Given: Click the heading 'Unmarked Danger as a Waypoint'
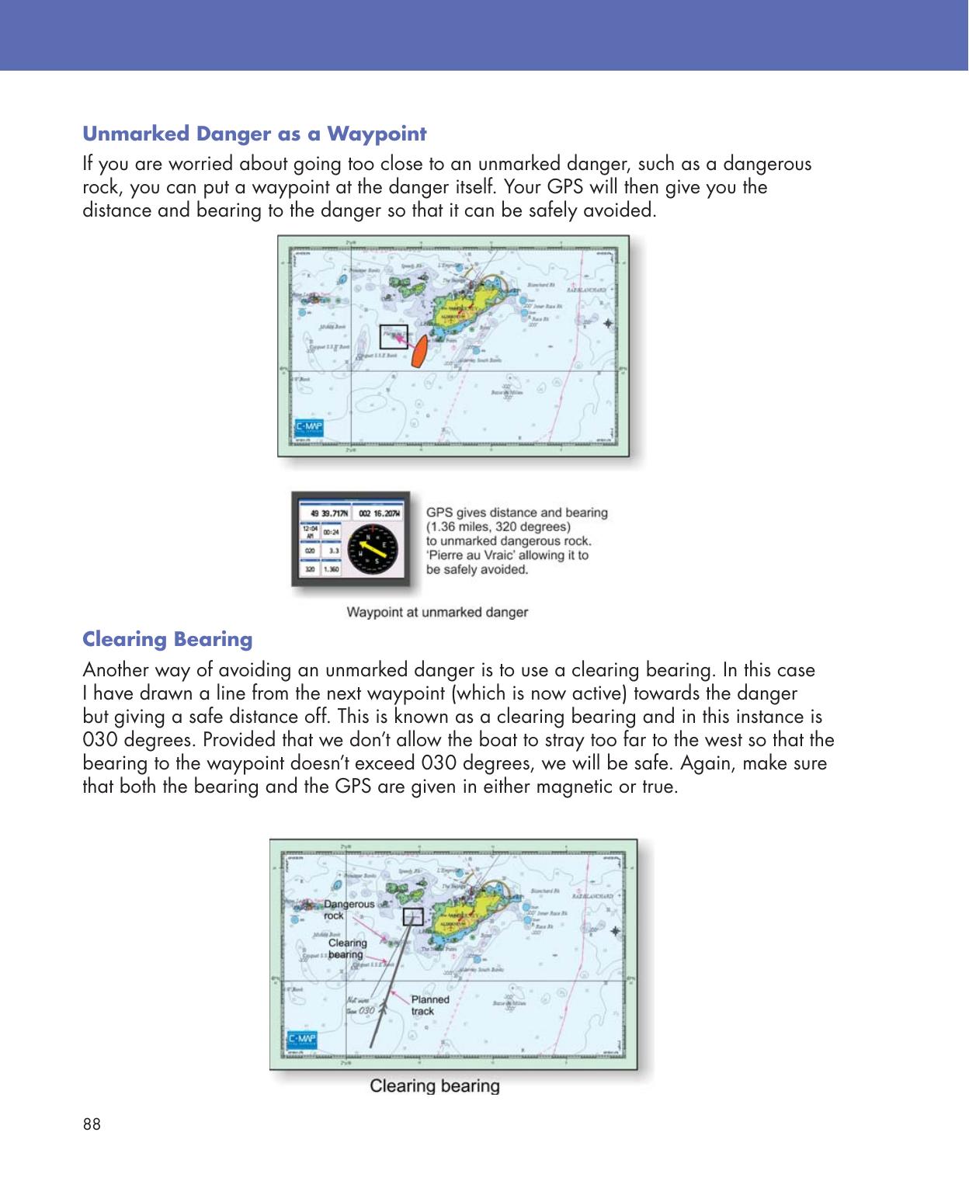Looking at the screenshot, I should pos(254,134).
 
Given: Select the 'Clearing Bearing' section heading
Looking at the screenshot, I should pos(168,640).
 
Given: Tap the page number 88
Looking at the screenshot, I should pos(92,1124).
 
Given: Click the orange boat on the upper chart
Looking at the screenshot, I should pos(419,352).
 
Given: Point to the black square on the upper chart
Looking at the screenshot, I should pos(393,336).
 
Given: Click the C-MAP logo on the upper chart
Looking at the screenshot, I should pos(310,429).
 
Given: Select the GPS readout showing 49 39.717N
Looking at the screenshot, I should pos(325,513).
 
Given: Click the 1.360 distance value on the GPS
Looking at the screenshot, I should pos(332,569).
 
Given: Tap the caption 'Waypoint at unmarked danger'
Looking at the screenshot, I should pos(437,613).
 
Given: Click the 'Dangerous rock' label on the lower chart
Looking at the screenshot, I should pos(349,909).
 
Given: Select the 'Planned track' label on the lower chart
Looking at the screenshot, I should pos(429,1005).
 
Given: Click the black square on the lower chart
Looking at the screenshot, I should pos(413,916).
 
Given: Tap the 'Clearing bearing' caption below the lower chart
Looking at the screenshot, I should pos(434,1086).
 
